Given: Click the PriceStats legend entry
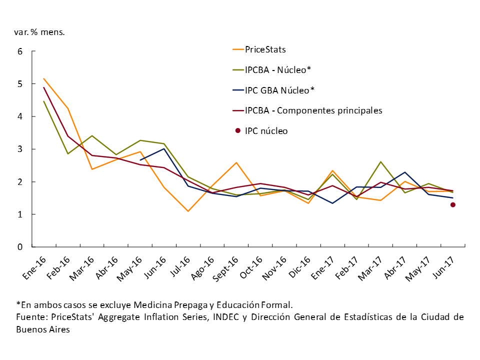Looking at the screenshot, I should click(265, 49).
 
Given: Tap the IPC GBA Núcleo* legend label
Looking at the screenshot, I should click(279, 90).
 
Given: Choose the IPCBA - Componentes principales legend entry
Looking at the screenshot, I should click(313, 110).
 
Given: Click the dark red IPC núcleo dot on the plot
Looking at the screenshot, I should click(452, 205).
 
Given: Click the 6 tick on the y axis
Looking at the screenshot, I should click(20, 51).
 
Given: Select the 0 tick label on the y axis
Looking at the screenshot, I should click(20, 247).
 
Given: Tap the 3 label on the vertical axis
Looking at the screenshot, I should click(20, 149).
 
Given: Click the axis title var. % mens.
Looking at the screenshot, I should click(39, 32).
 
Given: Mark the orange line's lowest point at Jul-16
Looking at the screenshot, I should click(188, 211).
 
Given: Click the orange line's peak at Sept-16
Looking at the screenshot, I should click(236, 162).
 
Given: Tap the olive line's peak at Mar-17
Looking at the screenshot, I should click(380, 161).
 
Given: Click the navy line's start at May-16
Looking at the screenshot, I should click(140, 160).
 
